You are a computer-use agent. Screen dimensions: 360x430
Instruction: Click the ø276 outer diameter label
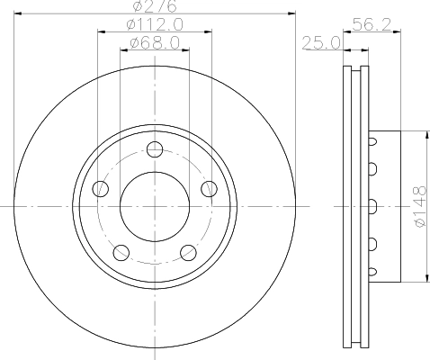154,7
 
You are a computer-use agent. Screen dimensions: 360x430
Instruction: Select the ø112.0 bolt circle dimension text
154,24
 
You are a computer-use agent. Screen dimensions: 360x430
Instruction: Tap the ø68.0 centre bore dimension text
154,42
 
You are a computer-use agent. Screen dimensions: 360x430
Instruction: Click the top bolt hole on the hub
155,149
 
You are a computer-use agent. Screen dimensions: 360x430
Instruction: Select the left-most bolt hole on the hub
101,189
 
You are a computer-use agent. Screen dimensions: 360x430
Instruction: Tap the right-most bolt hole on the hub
209,189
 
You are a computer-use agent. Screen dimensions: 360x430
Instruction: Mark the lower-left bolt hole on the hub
121,252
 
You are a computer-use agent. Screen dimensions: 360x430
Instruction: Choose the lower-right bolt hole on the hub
188,252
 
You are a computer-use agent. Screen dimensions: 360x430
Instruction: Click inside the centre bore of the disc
155,206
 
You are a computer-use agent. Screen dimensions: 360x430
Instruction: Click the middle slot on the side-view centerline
372,206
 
